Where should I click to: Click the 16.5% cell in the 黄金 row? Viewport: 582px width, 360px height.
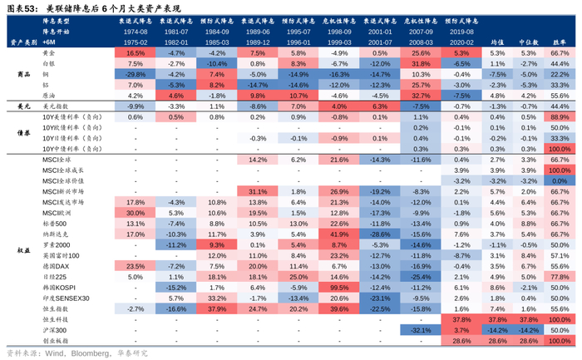coord(136,52)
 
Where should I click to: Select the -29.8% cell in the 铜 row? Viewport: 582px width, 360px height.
coord(136,74)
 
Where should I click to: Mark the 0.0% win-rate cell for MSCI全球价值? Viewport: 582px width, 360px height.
coord(560,180)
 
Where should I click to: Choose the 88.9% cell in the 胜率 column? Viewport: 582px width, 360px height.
coord(560,116)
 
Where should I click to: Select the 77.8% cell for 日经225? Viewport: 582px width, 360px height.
coord(560,276)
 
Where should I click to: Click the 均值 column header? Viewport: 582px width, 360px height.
coord(497,40)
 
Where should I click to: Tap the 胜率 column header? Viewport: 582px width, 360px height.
coord(560,40)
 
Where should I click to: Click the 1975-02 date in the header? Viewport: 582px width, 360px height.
coord(136,40)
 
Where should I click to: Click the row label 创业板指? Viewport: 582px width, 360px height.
coord(56,340)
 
